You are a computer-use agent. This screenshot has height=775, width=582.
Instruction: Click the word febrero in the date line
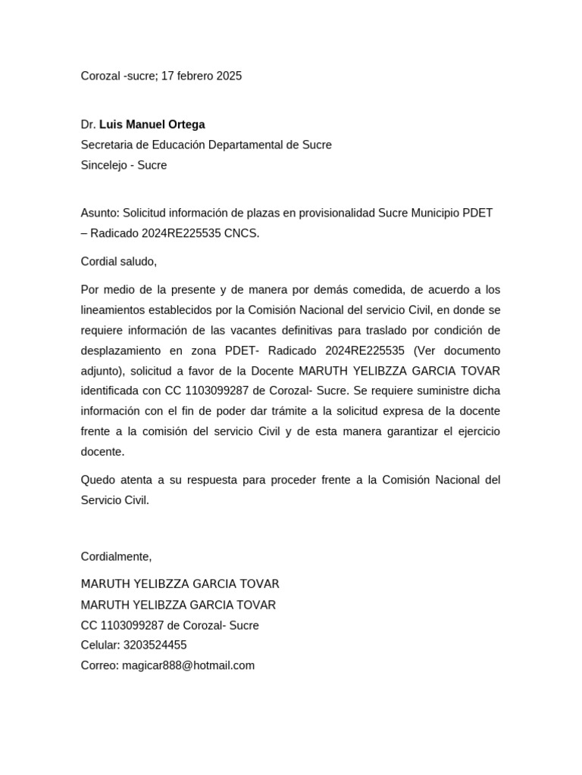coord(193,76)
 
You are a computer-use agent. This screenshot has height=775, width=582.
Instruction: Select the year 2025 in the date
coord(229,76)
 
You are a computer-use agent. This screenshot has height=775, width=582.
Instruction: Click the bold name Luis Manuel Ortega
coord(152,124)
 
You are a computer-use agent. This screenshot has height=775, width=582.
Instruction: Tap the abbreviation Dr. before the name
coord(89,124)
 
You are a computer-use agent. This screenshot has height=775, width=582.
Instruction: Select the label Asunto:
coord(100,213)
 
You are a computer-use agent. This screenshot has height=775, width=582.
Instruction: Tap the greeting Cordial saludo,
coord(119,261)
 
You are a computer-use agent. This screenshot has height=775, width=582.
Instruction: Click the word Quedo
coord(98,480)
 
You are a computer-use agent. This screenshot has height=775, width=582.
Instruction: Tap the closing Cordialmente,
coord(117,556)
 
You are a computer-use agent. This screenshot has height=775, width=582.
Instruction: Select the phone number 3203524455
coord(155,645)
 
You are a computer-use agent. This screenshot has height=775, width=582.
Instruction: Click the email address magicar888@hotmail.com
coord(188,665)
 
